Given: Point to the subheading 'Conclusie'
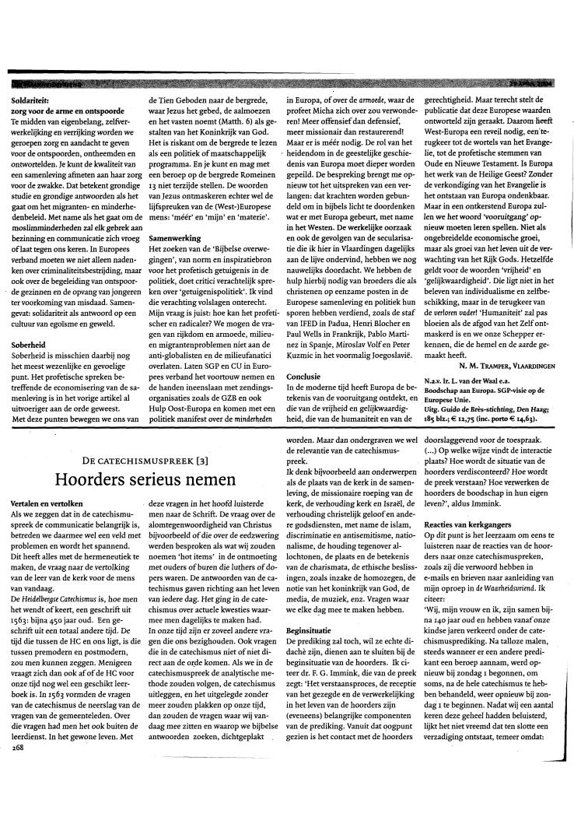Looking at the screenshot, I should coord(306,375).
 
